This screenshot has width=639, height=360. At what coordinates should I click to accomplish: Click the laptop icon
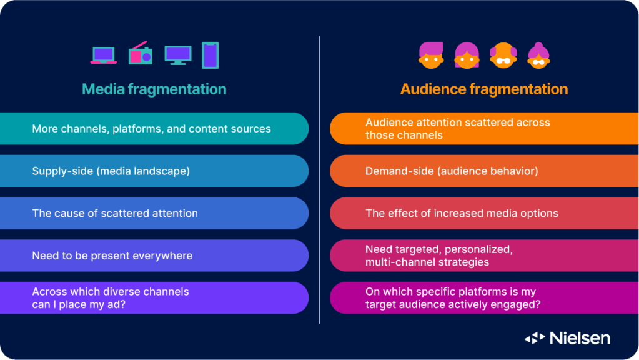tap(103, 55)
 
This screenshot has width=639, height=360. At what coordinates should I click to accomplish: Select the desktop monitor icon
tap(178, 55)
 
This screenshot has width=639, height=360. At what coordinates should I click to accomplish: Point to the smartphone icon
tap(211, 55)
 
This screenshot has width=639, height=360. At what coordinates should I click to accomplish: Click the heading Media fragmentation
tap(154, 89)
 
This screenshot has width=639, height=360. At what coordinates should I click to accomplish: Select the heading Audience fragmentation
tap(484, 89)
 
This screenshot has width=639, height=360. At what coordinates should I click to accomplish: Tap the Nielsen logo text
tap(580, 338)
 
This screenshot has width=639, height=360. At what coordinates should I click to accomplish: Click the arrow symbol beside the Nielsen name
tap(535, 338)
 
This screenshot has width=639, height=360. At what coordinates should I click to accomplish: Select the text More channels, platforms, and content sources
tap(151, 129)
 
